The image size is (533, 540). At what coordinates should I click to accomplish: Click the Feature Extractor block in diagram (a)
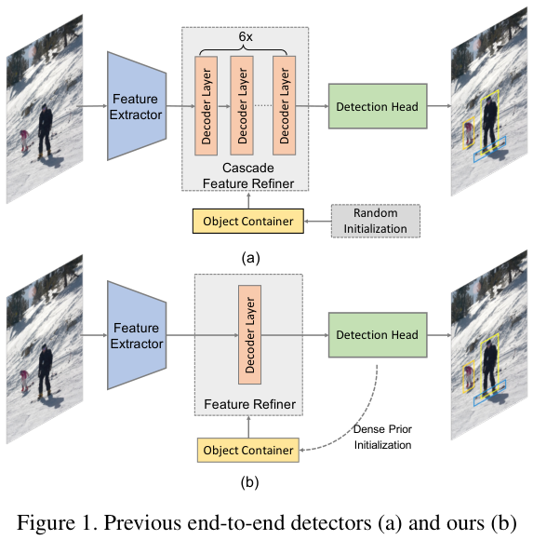(x=136, y=106)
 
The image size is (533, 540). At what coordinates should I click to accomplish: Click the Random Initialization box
(x=375, y=222)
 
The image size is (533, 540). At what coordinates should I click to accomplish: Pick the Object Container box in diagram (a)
(x=247, y=222)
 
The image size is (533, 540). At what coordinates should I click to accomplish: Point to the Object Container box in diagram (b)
(x=247, y=451)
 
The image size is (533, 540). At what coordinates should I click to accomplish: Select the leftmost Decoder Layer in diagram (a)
(x=206, y=105)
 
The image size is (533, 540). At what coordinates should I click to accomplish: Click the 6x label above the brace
(x=246, y=35)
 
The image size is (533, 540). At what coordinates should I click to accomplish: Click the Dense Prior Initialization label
(x=383, y=438)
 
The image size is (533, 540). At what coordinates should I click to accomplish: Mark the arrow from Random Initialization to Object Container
(x=316, y=222)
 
